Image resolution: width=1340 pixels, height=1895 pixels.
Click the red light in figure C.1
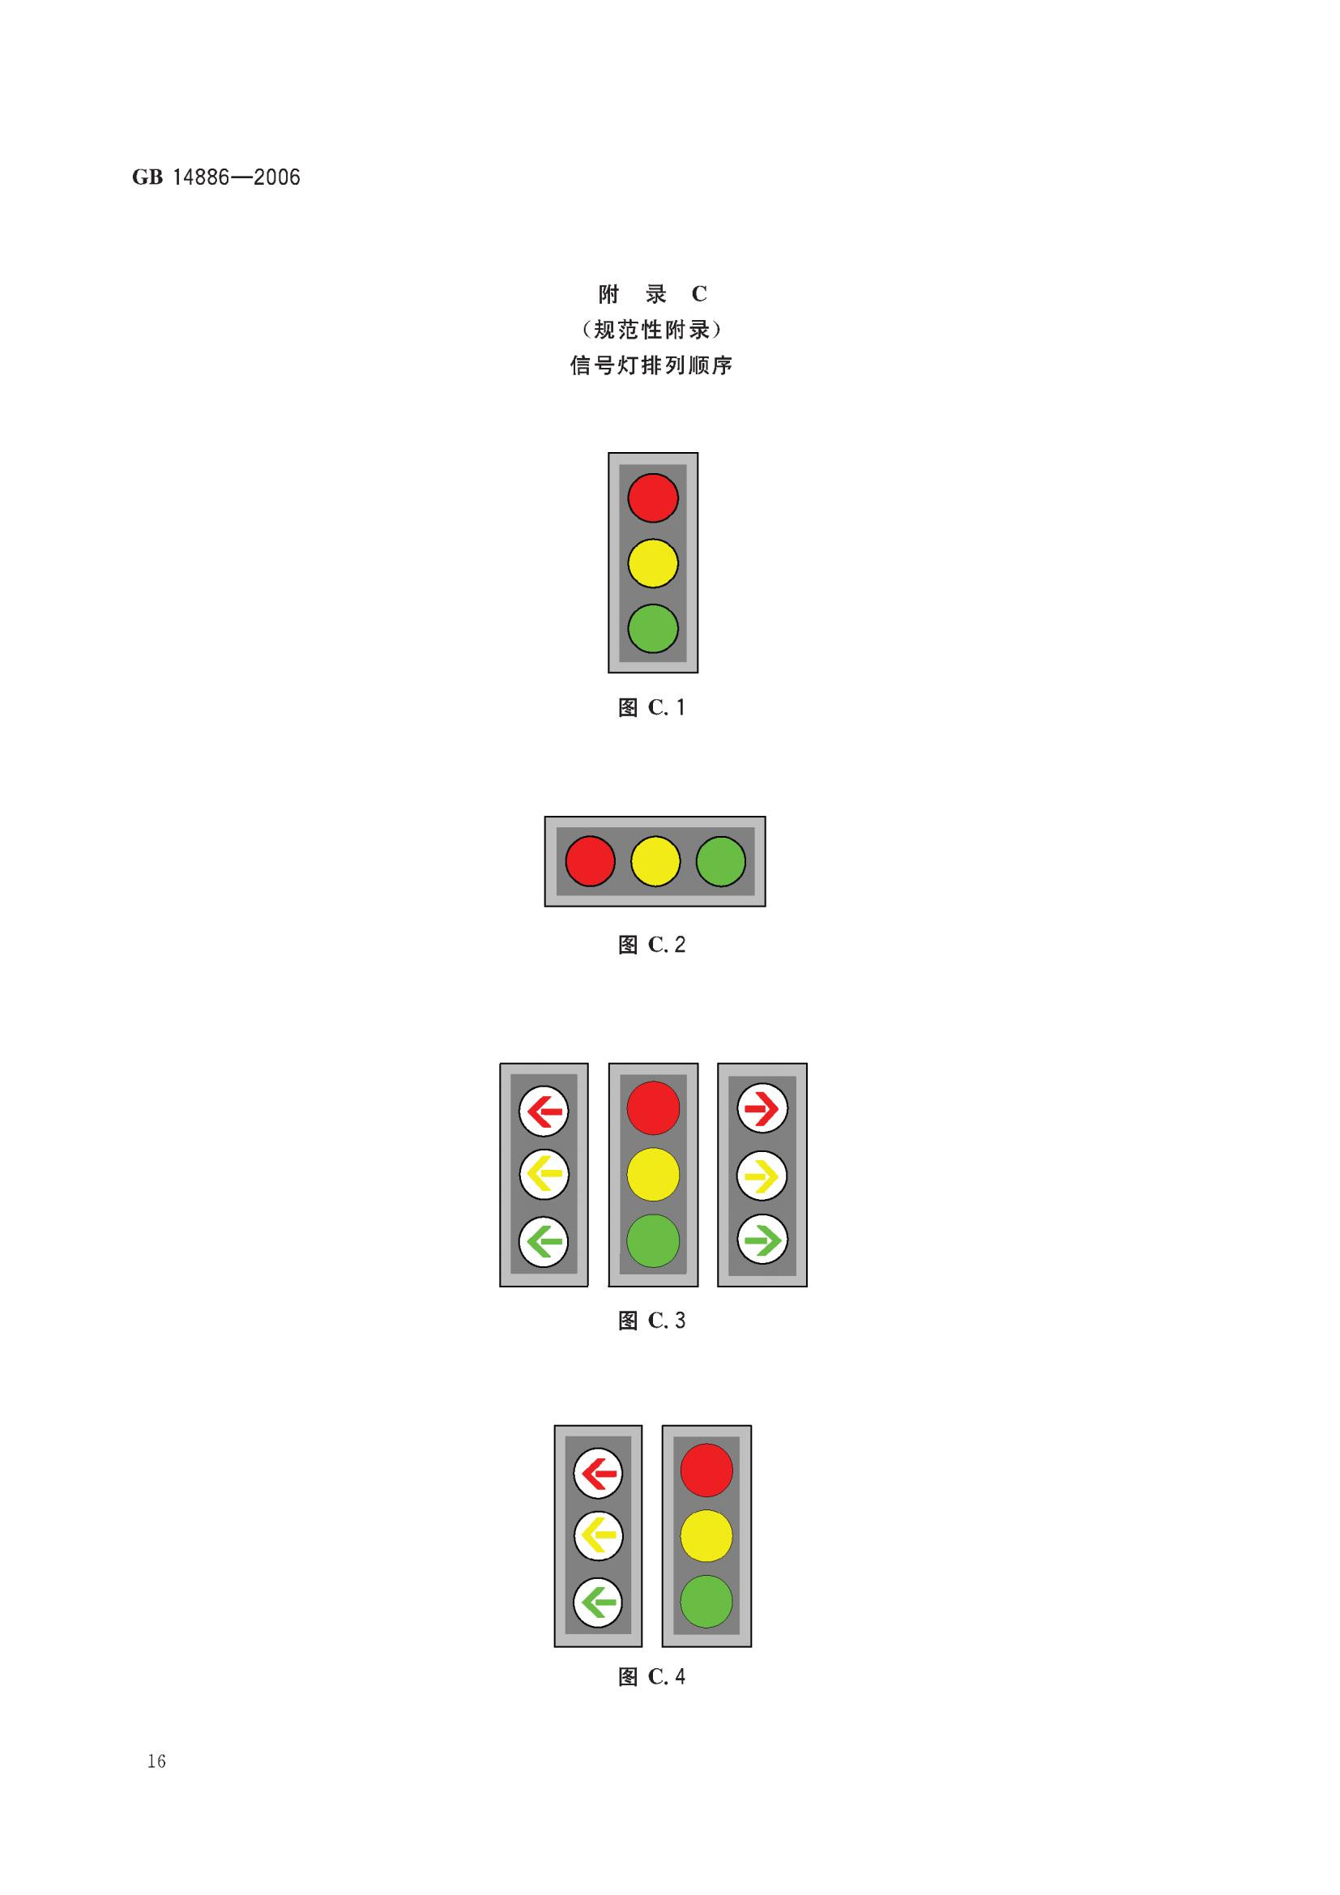653,497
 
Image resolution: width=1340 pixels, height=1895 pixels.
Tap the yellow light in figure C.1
653,564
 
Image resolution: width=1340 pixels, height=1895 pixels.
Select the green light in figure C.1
653,628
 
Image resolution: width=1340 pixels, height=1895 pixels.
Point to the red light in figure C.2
590,861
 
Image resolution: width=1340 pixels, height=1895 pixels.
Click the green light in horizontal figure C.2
720,861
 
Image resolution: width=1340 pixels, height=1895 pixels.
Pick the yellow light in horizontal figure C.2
655,861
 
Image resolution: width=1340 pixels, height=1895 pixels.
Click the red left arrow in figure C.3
544,1111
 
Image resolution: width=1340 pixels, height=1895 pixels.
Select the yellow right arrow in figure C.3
762,1176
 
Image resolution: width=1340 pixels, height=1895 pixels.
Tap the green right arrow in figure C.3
762,1240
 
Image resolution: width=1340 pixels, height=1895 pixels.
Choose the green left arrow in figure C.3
544,1241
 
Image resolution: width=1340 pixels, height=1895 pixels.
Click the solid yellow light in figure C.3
653,1175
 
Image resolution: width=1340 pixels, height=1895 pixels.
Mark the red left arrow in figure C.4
598,1472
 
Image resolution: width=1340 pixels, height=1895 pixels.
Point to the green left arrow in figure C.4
598,1603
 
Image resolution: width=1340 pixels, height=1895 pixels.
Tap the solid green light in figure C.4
706,1601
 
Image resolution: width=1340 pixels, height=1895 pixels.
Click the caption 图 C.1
652,707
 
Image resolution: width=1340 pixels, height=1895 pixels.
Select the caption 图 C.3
652,1321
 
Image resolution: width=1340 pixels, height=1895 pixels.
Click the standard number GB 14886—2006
216,177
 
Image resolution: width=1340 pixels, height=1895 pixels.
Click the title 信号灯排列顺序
651,365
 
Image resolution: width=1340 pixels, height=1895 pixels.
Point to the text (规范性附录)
651,330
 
